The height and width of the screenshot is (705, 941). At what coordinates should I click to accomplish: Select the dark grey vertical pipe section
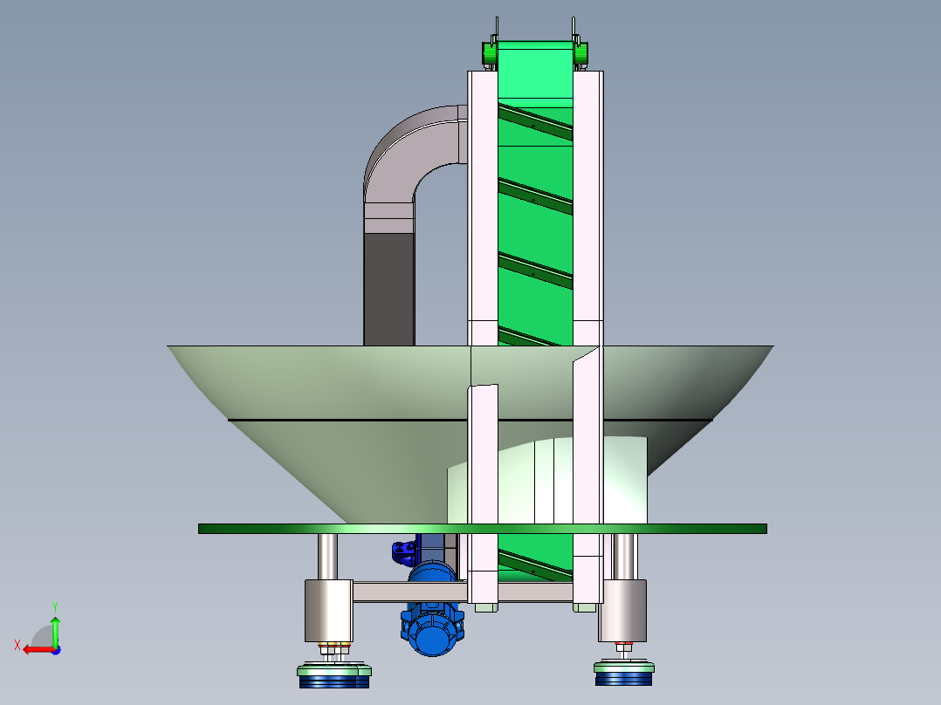(x=389, y=289)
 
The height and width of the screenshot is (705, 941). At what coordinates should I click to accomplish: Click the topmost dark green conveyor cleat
(x=535, y=122)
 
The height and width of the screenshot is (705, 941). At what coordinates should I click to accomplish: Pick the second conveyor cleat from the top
(x=535, y=196)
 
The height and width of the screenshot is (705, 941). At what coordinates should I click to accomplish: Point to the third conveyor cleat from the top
(x=535, y=270)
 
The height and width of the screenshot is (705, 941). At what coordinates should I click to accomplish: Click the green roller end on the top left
(x=489, y=53)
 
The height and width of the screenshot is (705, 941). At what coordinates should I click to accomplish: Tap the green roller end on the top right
(x=581, y=53)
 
